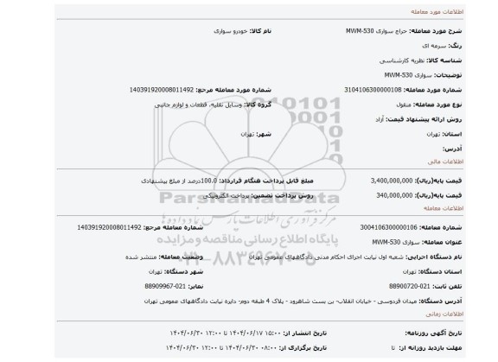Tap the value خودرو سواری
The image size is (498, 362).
tap(207, 29)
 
